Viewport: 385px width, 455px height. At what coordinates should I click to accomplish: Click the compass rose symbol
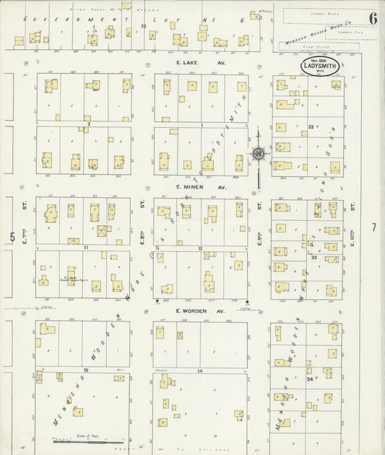(x=257, y=153)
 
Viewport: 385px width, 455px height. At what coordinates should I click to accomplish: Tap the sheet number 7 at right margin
(x=373, y=227)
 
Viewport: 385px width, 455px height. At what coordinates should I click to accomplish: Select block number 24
(x=309, y=378)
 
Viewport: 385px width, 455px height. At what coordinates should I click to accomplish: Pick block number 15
(x=85, y=370)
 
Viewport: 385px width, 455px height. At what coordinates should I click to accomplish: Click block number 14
(x=199, y=370)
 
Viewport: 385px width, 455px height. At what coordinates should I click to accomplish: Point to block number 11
(x=85, y=247)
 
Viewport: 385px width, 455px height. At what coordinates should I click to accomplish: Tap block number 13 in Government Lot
(x=144, y=26)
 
